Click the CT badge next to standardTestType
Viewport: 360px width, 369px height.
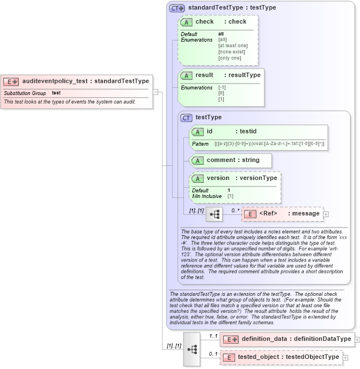coord(178,8)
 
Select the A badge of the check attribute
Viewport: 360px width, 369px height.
coord(186,22)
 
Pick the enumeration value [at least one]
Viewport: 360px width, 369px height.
coord(233,46)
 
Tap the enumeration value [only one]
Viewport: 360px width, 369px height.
coord(229,58)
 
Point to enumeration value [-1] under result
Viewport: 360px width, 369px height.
coord(222,87)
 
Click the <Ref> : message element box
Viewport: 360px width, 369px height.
coord(281,214)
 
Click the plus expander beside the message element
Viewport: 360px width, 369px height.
coord(326,214)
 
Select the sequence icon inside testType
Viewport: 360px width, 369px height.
coord(214,214)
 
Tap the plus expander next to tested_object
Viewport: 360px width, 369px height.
coord(345,357)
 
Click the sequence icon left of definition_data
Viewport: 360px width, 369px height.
coord(192,349)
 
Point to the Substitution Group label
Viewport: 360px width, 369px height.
coord(25,93)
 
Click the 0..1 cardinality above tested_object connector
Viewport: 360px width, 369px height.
coord(213,354)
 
